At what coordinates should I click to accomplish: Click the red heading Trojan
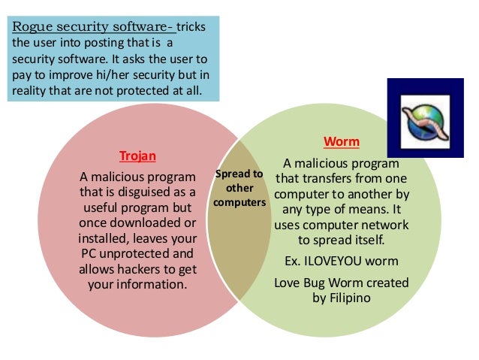coord(137,156)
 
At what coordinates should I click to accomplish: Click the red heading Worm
coord(341,141)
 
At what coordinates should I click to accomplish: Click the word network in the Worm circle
coord(380,225)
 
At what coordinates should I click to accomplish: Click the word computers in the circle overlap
coord(239,203)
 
